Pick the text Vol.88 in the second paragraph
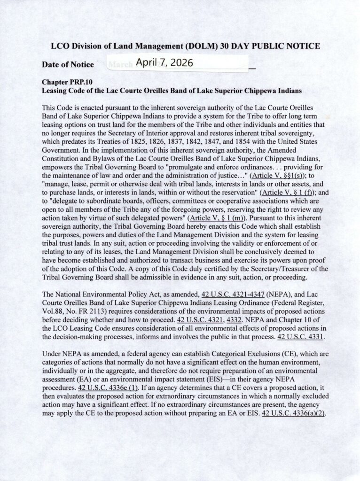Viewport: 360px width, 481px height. pyautogui.click(x=52, y=311)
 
